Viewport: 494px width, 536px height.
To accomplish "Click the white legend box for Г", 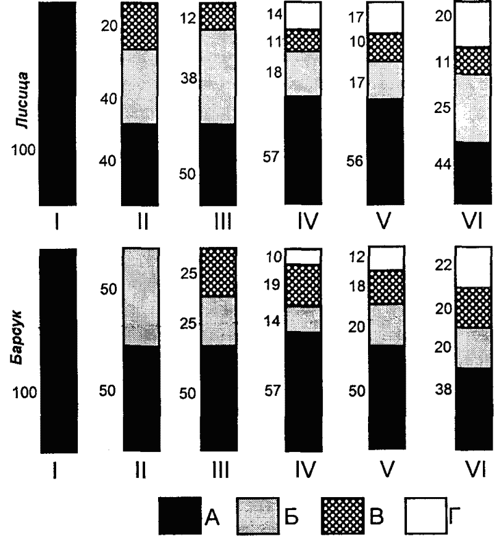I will coord(424,514).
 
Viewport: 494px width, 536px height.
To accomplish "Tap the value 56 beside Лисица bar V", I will coord(356,160).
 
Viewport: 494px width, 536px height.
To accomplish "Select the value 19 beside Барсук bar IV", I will coord(272,285).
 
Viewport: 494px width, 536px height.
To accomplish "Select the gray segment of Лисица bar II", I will coord(139,86).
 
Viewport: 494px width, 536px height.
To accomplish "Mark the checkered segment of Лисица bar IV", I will coord(303,40).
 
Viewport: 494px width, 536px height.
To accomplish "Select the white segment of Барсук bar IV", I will coord(303,256).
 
